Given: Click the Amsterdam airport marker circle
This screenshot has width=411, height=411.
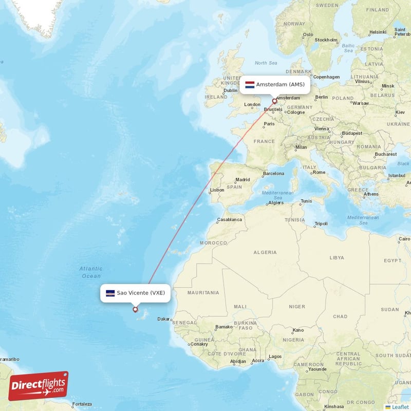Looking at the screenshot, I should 274,101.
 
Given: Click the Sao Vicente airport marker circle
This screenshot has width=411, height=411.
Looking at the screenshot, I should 136,309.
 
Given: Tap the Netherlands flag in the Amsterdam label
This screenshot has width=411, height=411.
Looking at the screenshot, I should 250,85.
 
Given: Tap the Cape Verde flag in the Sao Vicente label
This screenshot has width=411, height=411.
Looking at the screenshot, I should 110,293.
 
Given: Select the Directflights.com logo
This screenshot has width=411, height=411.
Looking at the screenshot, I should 38,386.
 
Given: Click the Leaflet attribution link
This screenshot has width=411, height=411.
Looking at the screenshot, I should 397,407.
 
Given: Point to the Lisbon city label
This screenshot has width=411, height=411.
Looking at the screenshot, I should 217,190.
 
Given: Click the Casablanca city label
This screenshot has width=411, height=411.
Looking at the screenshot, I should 230,219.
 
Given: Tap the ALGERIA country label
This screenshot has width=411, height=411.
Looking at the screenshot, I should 265,252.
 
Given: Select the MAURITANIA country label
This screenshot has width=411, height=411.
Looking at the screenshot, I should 203,293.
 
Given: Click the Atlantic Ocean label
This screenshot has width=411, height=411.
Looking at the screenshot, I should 91,272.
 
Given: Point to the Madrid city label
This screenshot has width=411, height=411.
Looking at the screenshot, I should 242,180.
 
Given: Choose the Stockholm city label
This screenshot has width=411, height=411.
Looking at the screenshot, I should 326,40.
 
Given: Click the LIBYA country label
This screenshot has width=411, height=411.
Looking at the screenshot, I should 337,257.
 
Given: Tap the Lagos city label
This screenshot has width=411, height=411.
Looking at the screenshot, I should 275,356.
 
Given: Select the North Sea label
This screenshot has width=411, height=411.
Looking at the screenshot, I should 266,63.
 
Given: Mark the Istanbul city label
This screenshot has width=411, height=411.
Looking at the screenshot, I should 397,176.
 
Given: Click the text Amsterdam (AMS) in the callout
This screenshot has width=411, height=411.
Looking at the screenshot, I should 281,85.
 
